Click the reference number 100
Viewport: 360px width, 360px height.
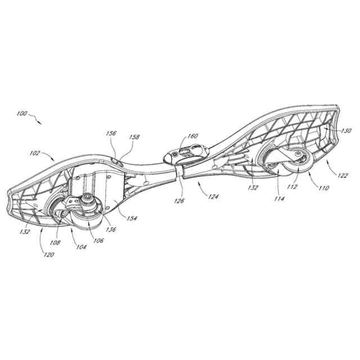[22, 114]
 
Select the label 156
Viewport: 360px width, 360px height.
[111, 134]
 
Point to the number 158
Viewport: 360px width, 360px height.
[134, 137]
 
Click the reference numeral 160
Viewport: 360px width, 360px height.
[193, 136]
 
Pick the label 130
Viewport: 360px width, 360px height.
[346, 130]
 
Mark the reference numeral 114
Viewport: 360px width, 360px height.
[280, 198]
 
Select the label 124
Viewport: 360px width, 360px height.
[213, 196]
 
